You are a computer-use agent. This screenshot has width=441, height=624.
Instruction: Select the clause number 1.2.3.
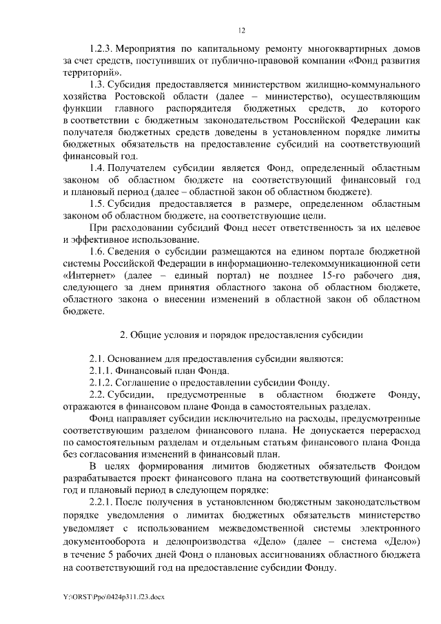[x=101, y=51]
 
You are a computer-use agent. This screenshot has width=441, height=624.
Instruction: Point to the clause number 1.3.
[x=98, y=84]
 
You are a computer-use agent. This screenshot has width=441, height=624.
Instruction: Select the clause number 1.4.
[x=98, y=168]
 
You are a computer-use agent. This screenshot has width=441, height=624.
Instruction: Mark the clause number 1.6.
[x=98, y=252]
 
